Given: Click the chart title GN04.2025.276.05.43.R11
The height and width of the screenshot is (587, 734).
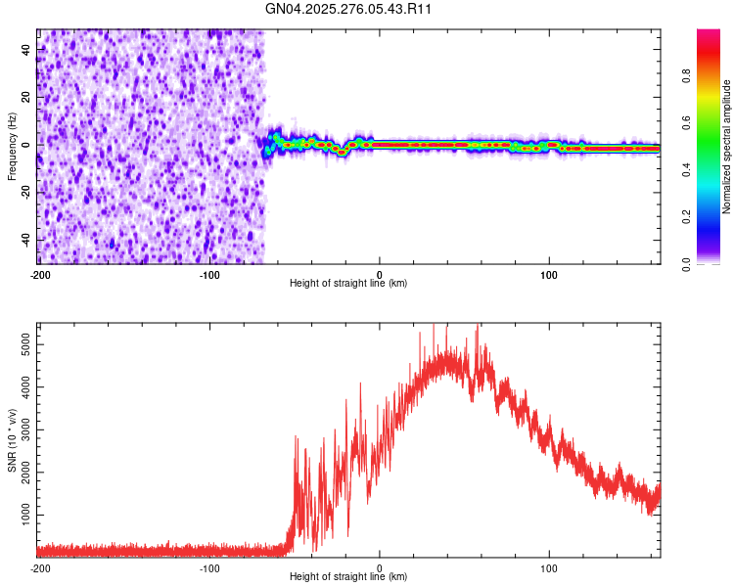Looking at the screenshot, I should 348,9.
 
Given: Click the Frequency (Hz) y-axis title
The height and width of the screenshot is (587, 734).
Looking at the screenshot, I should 12,147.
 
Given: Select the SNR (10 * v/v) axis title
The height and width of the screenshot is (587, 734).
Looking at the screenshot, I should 12,440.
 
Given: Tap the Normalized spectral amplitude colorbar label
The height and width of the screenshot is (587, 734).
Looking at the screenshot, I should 726,147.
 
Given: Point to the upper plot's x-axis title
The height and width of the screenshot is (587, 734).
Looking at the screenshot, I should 348,283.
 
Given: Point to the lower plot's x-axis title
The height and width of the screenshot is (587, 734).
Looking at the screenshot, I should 348,576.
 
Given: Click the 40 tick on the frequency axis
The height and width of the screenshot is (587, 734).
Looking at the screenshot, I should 25,49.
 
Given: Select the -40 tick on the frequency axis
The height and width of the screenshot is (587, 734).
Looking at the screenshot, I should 23,240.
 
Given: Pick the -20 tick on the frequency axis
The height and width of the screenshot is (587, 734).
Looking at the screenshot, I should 23,192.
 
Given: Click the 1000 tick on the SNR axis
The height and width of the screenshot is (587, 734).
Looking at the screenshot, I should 20,515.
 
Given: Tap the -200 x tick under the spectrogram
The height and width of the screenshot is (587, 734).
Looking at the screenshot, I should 39,274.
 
